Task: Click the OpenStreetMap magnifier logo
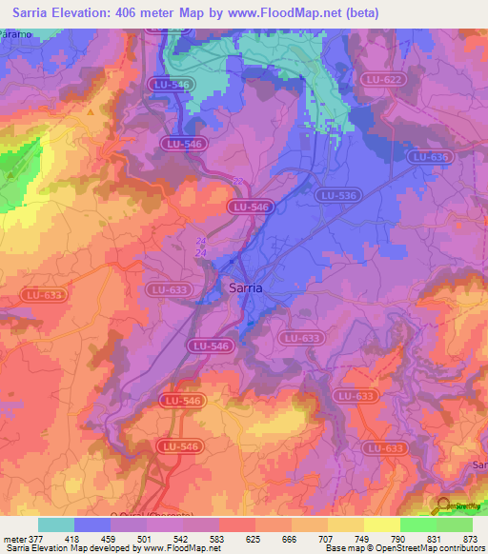click(444, 505)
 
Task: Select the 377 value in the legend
click(37, 538)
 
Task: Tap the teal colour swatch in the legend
click(55, 524)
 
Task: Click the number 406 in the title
click(147, 12)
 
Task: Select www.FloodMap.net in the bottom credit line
click(180, 548)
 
